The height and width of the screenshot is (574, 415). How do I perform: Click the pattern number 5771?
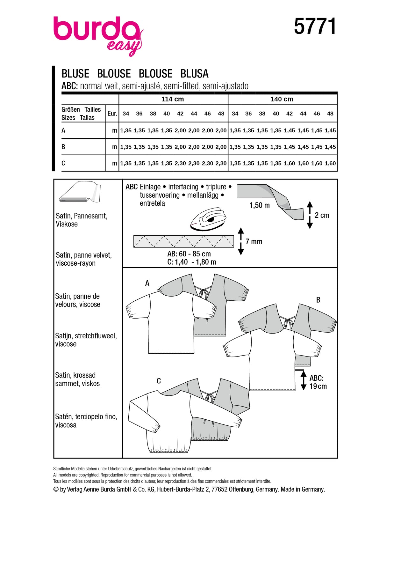315,26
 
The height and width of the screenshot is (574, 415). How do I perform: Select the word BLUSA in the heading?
194,74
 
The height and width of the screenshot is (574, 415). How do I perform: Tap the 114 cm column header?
173,99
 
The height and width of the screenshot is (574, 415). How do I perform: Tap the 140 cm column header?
282,99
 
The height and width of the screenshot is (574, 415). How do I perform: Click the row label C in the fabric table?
63,163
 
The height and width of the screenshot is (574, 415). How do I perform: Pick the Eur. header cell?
112,114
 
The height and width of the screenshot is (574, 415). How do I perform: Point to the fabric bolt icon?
80,192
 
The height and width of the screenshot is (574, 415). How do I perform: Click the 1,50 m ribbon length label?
259,205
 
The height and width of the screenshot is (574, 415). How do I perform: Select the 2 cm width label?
322,215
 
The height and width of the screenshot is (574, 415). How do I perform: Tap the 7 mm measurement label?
254,242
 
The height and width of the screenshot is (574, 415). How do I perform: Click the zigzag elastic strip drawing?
183,241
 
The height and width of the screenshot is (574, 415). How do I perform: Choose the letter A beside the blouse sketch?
147,283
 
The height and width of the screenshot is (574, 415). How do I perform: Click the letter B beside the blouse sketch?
318,300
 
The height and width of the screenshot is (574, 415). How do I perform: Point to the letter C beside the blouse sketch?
159,381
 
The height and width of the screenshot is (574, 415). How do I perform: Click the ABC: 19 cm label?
318,382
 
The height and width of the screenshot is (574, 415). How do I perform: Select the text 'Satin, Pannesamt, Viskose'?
81,220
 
